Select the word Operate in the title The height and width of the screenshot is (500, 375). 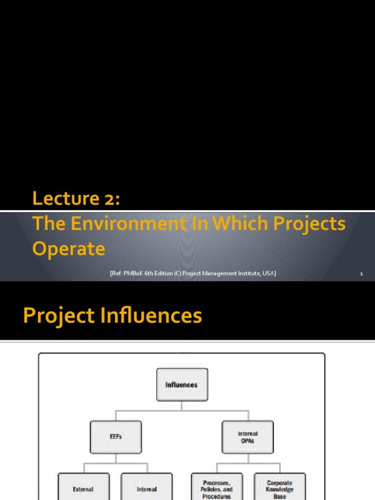[x=68, y=249]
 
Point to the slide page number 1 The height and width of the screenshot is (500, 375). [x=361, y=274]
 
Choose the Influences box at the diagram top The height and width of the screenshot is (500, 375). [x=182, y=385]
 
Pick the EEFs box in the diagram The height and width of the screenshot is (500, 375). [x=116, y=437]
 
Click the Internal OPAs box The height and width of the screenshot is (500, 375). [x=248, y=437]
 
